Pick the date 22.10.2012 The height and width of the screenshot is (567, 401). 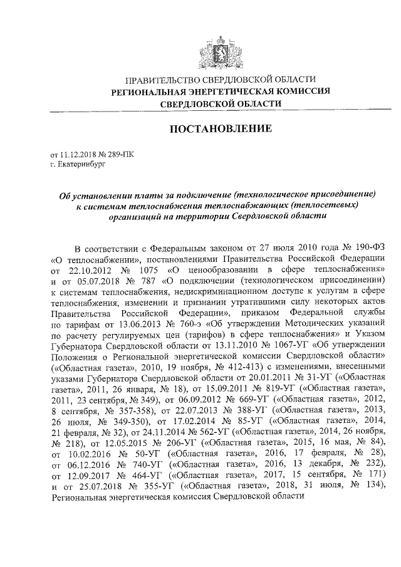(89, 269)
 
